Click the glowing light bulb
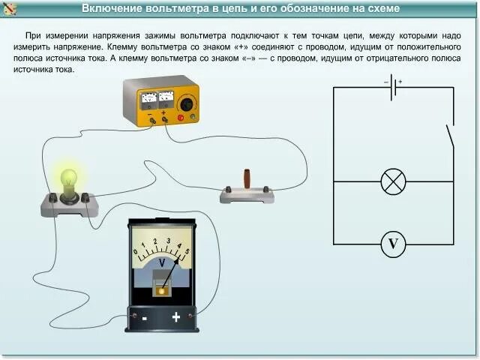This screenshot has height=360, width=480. (x=69, y=180)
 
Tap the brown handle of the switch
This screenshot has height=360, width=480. (x=246, y=180)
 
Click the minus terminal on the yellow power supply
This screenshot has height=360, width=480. (x=153, y=119)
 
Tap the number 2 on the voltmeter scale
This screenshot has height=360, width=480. (x=155, y=241)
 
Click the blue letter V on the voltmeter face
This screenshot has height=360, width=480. (x=161, y=262)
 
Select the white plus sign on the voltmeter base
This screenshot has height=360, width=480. (x=176, y=317)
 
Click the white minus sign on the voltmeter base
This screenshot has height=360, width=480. (x=143, y=317)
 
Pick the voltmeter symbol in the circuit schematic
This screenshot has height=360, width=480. (x=393, y=244)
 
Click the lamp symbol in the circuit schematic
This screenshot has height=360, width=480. (x=393, y=181)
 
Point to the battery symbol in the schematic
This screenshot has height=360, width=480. (x=393, y=87)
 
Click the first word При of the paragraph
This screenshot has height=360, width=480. (x=34, y=35)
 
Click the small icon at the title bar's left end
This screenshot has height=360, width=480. (x=9, y=8)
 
